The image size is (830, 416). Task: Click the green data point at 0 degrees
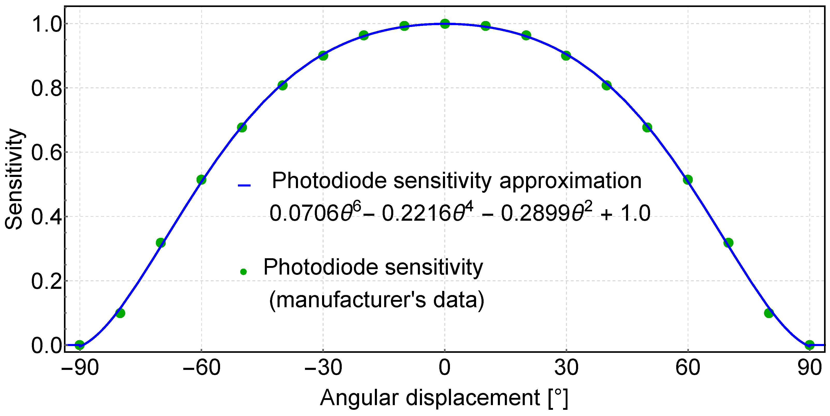click(445, 24)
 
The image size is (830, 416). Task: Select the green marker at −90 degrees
click(79, 345)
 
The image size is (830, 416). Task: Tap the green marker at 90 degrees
click(809, 345)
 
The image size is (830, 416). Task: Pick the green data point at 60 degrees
click(688, 180)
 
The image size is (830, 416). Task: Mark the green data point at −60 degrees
click(201, 180)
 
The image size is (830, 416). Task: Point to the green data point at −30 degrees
click(323, 55)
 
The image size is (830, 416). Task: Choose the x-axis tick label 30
click(566, 367)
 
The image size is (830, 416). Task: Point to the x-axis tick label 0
click(445, 367)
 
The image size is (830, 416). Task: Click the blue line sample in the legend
click(244, 185)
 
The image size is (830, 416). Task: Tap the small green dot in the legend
click(243, 272)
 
